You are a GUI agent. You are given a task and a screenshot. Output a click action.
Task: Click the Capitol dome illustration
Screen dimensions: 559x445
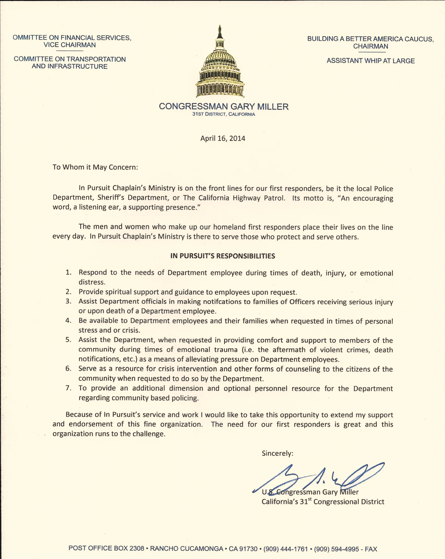220,65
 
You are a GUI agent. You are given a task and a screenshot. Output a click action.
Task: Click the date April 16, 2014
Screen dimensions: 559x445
223,138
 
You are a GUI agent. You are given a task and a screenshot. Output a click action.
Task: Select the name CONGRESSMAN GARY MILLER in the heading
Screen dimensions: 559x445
224,106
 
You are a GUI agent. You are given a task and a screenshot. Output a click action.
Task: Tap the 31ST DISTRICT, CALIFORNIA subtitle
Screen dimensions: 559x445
224,114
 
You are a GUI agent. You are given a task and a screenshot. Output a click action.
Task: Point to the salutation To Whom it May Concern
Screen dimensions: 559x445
95,167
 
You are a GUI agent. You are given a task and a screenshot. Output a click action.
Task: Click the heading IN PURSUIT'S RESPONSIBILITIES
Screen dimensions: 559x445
222,256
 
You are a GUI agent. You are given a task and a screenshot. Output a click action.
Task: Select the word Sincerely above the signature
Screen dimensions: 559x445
277,453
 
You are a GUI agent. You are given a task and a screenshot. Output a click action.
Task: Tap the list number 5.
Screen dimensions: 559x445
68,340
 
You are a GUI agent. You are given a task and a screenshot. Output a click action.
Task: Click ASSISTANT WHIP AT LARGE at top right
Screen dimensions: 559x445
370,61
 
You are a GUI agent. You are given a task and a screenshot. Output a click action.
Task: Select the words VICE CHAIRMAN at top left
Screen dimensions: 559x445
70,45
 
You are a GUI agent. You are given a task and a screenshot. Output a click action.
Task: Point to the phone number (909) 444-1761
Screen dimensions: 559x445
286,549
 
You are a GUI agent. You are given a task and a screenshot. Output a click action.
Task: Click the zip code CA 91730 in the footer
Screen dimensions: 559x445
243,549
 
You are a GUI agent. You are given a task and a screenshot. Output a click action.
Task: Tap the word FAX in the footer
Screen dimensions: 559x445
371,549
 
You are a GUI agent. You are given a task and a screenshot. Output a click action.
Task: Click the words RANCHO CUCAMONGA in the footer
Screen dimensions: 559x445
186,549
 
